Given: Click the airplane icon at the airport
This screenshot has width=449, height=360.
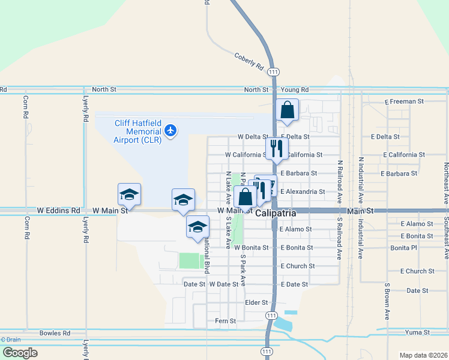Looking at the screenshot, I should [171, 130].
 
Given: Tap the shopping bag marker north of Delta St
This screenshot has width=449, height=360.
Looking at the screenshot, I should [288, 110].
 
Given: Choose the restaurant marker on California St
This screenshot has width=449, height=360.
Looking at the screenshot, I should [277, 149].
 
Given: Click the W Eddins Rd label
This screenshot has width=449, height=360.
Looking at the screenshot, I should [58, 211].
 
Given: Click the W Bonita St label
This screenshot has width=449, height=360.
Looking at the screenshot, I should [252, 247].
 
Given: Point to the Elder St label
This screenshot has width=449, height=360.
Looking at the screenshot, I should [256, 302].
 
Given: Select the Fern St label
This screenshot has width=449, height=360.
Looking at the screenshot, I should [225, 321].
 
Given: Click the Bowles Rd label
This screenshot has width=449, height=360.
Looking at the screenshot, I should [55, 332].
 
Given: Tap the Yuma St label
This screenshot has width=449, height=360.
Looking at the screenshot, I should [418, 332].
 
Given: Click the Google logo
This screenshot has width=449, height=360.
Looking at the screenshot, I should [20, 353].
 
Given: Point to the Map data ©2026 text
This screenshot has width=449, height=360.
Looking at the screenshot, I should [423, 355].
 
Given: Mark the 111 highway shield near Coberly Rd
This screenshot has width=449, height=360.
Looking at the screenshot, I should [274, 71].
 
